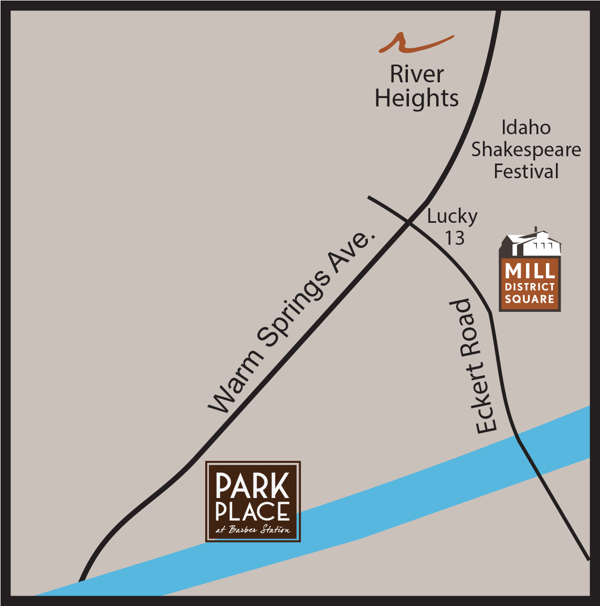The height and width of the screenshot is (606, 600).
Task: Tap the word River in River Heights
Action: click(x=417, y=74)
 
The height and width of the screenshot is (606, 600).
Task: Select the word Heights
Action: click(x=417, y=99)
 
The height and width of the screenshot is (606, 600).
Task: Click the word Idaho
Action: click(x=526, y=128)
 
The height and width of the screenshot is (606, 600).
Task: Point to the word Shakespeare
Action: click(x=526, y=150)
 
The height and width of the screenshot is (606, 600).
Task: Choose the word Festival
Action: click(x=527, y=172)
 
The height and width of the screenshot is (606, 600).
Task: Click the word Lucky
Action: click(x=452, y=216)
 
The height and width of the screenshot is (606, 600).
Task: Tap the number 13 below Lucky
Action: click(x=455, y=238)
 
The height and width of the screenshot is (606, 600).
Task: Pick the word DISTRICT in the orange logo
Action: click(x=530, y=287)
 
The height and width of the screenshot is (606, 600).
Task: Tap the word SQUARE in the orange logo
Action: click(x=530, y=299)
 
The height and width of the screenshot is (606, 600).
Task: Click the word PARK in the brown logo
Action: click(x=252, y=487)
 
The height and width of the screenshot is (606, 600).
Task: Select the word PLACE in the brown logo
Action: click(x=252, y=512)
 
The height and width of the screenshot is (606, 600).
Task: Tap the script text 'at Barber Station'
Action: click(x=252, y=530)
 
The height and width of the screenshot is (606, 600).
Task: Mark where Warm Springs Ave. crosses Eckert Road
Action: click(x=409, y=222)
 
